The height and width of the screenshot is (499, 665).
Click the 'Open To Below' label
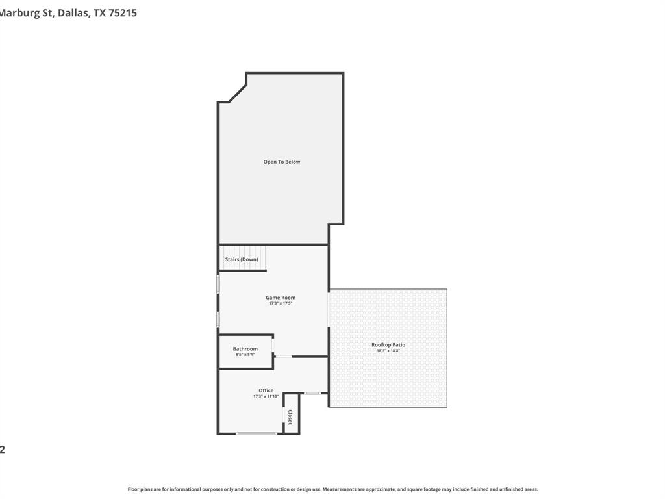pos(281,162)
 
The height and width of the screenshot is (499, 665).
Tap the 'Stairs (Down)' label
pos(242,259)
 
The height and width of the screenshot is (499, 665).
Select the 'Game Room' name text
pos(281,298)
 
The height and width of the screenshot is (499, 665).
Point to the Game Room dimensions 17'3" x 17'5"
pos(281,303)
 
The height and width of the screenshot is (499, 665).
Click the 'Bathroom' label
pos(245,349)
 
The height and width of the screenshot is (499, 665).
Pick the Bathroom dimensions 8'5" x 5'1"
pos(245,355)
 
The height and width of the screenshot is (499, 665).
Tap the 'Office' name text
pos(266,390)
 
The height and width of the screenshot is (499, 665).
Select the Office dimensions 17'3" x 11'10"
pos(266,396)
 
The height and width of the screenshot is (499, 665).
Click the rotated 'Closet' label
pos(290,417)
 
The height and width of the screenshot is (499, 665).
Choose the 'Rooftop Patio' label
pos(388,344)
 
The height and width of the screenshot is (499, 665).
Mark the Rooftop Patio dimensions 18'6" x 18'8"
pos(388,351)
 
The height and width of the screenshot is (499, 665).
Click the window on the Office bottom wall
pos(256,433)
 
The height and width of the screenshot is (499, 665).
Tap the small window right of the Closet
pos(312,393)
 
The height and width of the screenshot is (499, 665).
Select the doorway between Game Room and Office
pos(284,356)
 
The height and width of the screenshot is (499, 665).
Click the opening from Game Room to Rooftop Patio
pos(329,322)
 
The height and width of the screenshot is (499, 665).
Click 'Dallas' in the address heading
pos(73,12)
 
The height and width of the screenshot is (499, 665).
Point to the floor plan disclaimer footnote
pos(332,489)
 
